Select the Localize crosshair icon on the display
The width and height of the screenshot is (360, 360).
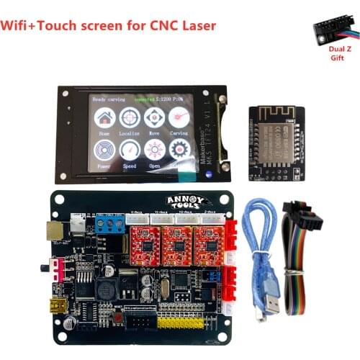pos(130,117)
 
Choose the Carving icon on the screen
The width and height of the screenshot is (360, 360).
pos(179,117)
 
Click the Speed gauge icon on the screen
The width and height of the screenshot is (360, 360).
pos(130,149)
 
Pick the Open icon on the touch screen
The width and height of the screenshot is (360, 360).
pos(154,149)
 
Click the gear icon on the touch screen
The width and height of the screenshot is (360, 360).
pos(179,149)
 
